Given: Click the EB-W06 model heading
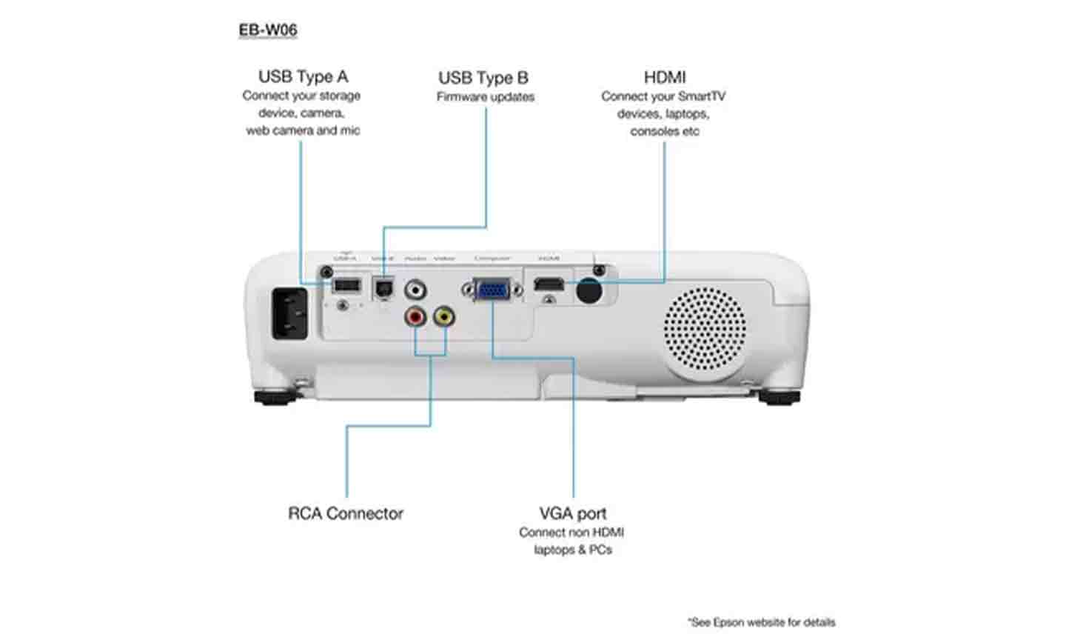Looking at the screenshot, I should click(x=268, y=30).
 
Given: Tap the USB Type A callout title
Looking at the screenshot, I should click(x=303, y=76).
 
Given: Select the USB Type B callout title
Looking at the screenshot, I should click(x=483, y=78).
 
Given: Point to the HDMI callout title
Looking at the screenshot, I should click(x=665, y=77).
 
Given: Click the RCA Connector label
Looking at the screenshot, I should click(x=346, y=513).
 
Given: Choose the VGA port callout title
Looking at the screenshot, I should click(x=572, y=513).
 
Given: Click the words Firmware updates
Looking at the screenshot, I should click(x=485, y=97).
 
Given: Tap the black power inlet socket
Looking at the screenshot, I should click(x=290, y=313).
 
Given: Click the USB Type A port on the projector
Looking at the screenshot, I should click(x=346, y=285).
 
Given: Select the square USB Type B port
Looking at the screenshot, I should click(x=383, y=288).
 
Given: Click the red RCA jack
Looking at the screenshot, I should click(x=415, y=318).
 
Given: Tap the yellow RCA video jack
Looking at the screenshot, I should click(x=444, y=317).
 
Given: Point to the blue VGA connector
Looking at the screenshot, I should click(x=493, y=289).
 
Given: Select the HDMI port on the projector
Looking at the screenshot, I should click(x=549, y=284).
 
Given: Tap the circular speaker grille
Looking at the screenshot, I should click(x=704, y=330).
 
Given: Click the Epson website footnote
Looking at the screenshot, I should click(x=761, y=622).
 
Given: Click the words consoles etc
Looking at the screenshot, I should click(x=665, y=132).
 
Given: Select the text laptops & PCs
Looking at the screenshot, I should click(x=573, y=550).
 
